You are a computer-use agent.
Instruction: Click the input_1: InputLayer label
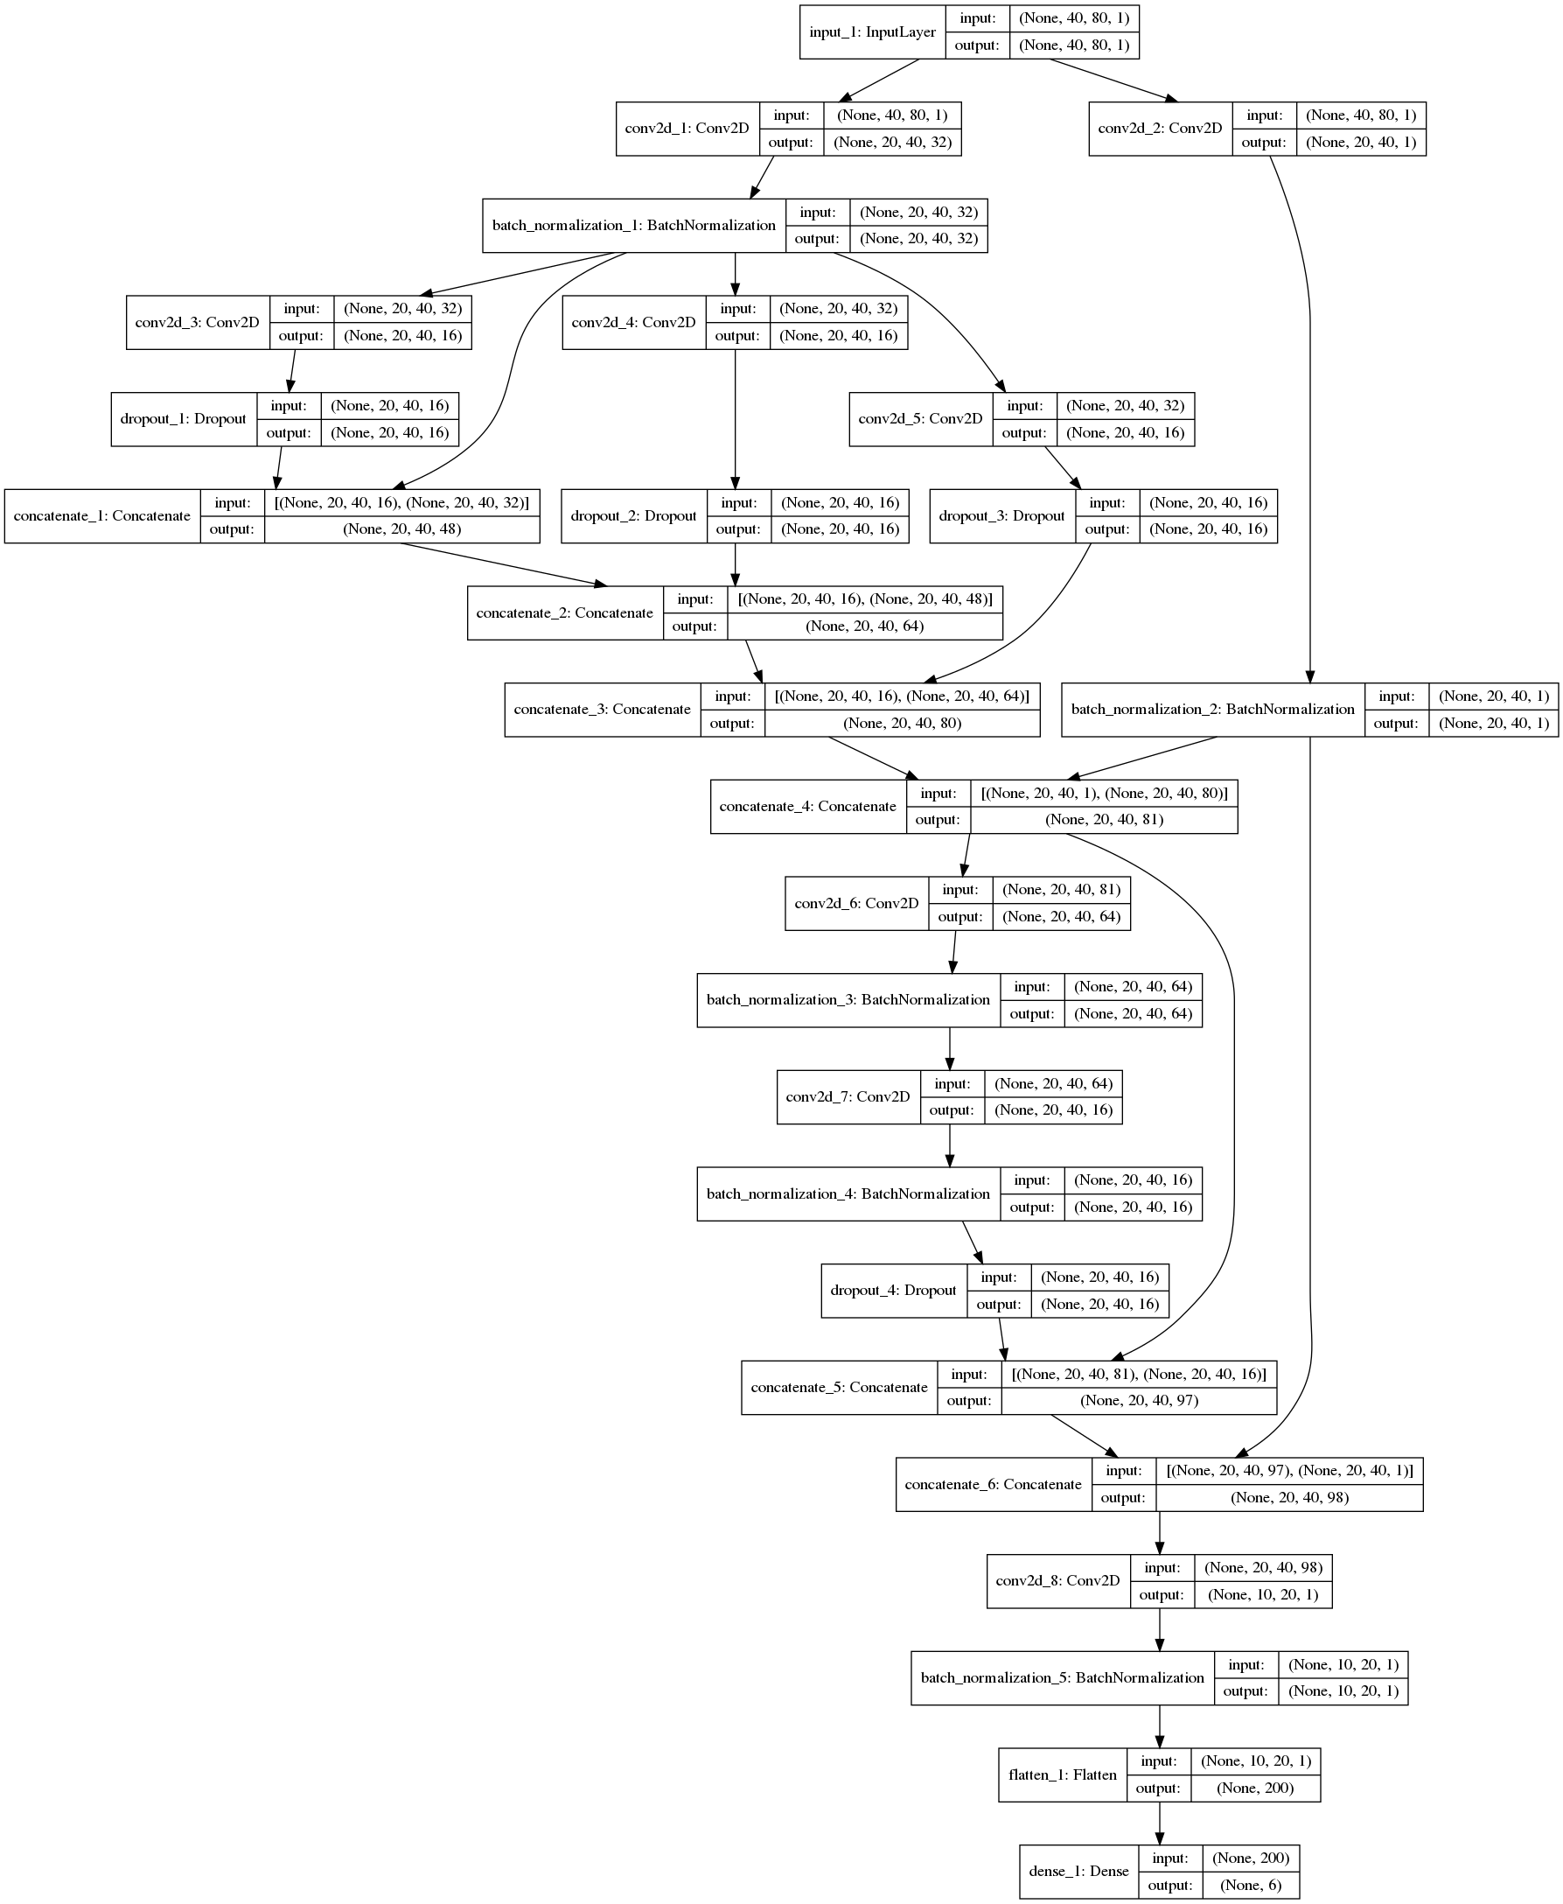pos(871,32)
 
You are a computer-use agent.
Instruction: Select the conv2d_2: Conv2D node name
pos(1160,129)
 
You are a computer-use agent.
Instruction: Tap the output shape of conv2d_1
pos(892,143)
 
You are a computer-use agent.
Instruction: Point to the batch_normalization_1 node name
pos(633,225)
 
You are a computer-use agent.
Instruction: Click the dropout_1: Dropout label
pos(183,419)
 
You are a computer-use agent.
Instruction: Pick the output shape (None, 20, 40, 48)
pos(401,529)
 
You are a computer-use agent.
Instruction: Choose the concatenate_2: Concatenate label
pos(564,613)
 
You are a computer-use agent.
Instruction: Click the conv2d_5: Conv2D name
pos(920,419)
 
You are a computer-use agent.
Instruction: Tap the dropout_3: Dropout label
pos(1001,516)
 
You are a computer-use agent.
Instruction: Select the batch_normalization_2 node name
pos(1212,710)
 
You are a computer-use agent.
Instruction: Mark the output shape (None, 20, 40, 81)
pos(1104,820)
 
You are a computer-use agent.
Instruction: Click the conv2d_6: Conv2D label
pos(856,903)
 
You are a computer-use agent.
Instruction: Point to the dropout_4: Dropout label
pos(893,1291)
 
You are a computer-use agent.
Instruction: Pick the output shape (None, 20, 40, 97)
pos(1139,1401)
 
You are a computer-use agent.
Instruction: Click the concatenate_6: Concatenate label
pos(993,1484)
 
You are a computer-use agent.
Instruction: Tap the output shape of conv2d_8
pos(1262,1595)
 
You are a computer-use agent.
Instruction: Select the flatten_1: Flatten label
pos(1063,1775)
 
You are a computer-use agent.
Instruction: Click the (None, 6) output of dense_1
pos(1251,1885)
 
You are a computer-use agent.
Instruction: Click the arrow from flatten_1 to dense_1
pos(1159,1823)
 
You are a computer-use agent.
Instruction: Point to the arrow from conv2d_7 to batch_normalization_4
pos(949,1145)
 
